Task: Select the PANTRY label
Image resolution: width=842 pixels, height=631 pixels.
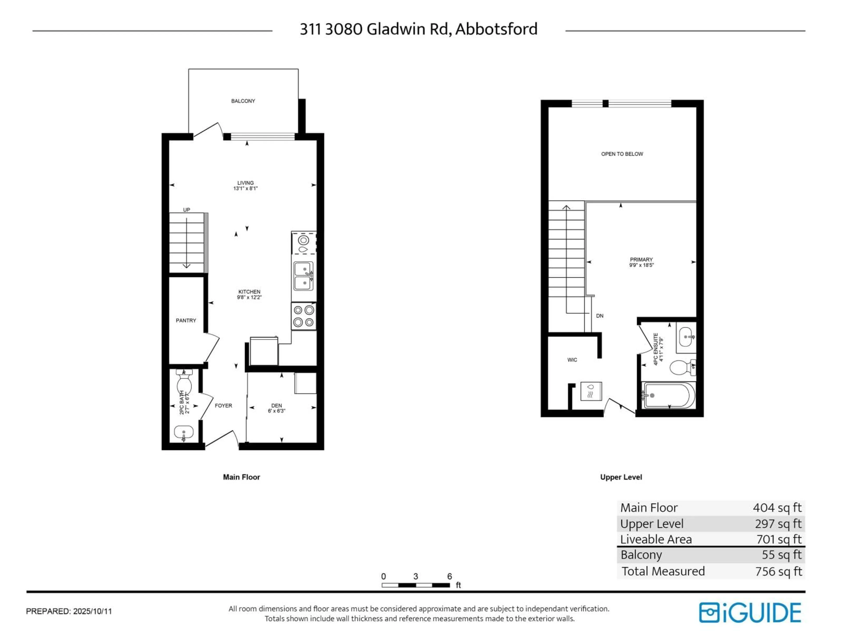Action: (x=186, y=321)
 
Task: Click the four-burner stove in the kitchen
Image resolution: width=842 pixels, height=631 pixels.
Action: (x=303, y=316)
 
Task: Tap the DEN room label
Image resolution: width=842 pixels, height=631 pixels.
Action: (x=276, y=406)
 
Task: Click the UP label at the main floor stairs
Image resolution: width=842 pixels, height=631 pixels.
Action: (x=187, y=210)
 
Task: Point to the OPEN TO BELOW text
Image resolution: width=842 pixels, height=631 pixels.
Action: (x=622, y=154)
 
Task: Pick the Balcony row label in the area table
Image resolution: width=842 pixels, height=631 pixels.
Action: (x=641, y=555)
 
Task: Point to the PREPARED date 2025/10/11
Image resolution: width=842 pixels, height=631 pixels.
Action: (x=93, y=612)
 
